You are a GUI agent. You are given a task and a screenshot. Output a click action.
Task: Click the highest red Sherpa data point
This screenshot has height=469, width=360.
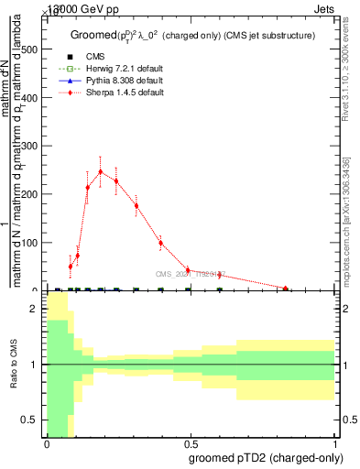pos(101,171)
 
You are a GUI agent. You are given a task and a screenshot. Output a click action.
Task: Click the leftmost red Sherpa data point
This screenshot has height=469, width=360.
pos(70,267)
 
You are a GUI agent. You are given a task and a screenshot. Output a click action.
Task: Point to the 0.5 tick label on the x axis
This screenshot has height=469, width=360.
pos(191,443)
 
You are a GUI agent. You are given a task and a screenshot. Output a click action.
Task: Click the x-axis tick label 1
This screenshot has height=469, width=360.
pos(335,443)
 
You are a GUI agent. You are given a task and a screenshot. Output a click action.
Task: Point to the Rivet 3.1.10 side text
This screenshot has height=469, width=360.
pos(346,73)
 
